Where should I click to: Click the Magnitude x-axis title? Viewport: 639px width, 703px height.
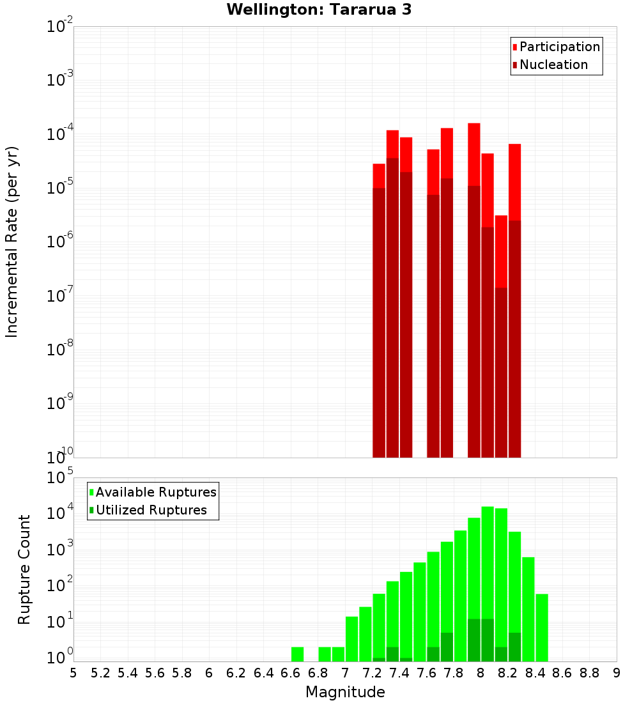345,692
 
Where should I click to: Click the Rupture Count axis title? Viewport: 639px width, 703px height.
24,569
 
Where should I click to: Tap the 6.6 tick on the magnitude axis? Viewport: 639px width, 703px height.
291,673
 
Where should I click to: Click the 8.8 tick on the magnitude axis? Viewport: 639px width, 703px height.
589,673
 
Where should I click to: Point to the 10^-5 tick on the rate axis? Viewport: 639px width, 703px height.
61,188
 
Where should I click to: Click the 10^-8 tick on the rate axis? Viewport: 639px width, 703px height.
61,350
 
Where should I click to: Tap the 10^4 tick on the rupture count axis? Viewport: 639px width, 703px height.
61,513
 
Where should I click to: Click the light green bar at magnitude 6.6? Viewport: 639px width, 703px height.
297,654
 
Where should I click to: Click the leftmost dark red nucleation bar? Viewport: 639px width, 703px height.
379,320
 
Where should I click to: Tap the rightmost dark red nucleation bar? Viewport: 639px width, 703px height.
514,339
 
